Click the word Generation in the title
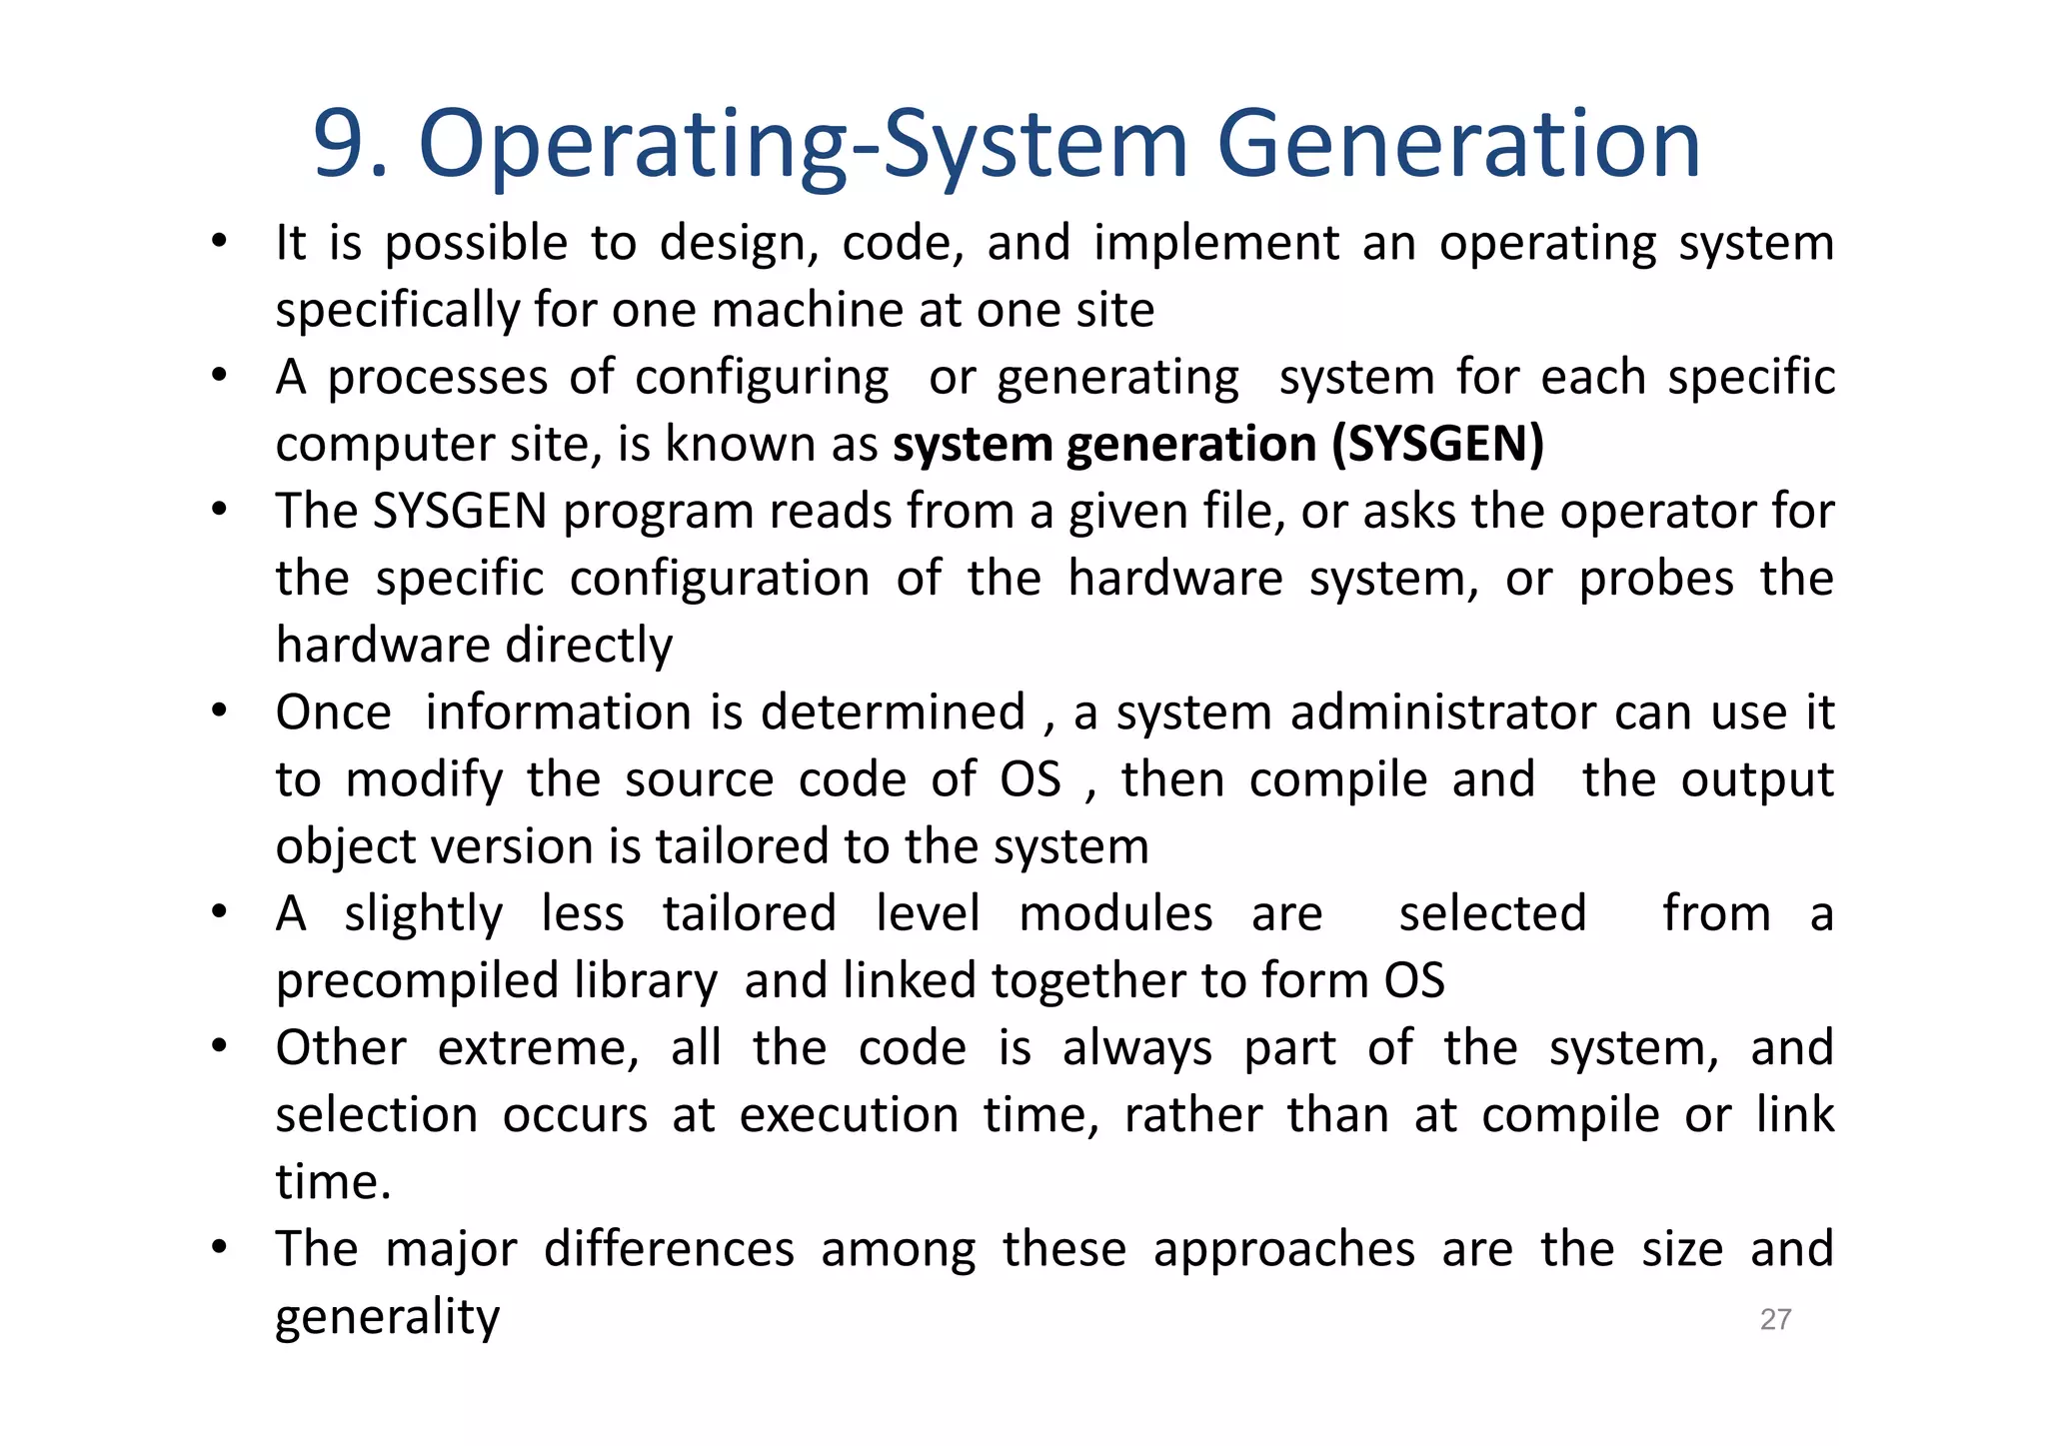click(1458, 145)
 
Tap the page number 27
click(1775, 1319)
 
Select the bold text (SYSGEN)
click(1437, 444)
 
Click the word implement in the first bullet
click(1216, 244)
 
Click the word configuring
click(762, 379)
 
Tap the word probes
click(1656, 579)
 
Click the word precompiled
click(417, 981)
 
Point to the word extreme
click(538, 1048)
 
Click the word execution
click(849, 1115)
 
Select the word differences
click(669, 1249)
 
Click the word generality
click(387, 1318)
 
